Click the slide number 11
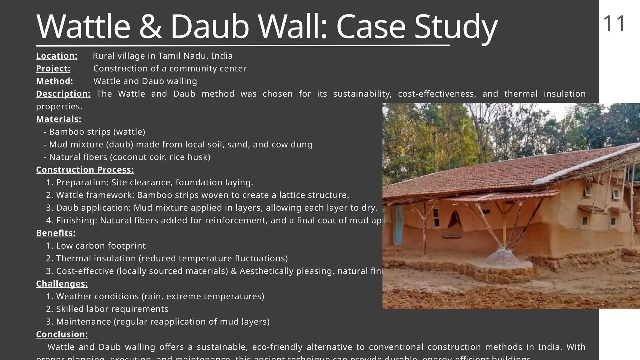pyautogui.click(x=614, y=24)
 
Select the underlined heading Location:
pyautogui.click(x=57, y=56)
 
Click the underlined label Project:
pyautogui.click(x=53, y=68)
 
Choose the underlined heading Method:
pyautogui.click(x=54, y=81)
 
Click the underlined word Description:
pyautogui.click(x=63, y=94)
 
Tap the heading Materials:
pyautogui.click(x=58, y=119)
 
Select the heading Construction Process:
pyautogui.click(x=85, y=170)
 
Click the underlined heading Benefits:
pyautogui.click(x=56, y=233)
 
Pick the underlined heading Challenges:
pyautogui.click(x=62, y=284)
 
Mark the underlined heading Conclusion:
pyautogui.click(x=62, y=334)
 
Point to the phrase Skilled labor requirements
pyautogui.click(x=112, y=309)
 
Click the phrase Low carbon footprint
pyautogui.click(x=101, y=246)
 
